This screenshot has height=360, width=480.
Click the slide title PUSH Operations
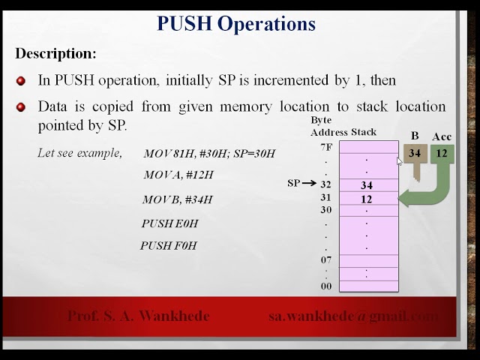[x=236, y=23]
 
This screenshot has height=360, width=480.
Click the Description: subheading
[x=56, y=54]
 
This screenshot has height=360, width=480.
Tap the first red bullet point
[x=21, y=80]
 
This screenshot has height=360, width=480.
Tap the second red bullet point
[x=21, y=106]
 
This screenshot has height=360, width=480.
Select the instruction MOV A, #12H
[x=178, y=175]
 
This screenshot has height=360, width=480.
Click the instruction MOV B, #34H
[x=177, y=199]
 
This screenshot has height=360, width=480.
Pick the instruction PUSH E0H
[x=169, y=223]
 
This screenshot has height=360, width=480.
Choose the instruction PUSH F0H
[x=168, y=246]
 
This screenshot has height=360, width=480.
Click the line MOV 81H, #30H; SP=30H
[x=209, y=154]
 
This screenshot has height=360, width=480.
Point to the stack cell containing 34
[x=367, y=184]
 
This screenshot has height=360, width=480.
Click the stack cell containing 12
[x=367, y=199]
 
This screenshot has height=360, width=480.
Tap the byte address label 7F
[x=325, y=147]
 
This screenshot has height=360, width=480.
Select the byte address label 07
[x=325, y=260]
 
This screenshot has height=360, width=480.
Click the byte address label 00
[x=325, y=286]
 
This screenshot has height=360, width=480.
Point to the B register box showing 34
[x=415, y=154]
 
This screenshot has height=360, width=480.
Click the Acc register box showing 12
[x=442, y=154]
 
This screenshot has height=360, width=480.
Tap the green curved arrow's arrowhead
[x=407, y=199]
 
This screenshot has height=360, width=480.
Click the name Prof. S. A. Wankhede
[x=139, y=316]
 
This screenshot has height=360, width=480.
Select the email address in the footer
[x=353, y=316]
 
